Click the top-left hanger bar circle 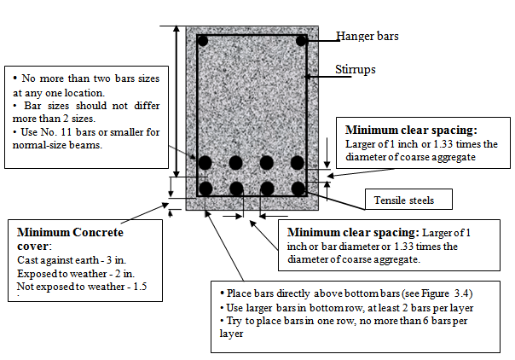[202, 40]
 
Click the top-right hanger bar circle [301, 40]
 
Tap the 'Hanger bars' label [367, 36]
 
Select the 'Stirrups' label [356, 70]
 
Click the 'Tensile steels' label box [404, 200]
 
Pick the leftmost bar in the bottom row [205, 189]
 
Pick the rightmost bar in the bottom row [298, 189]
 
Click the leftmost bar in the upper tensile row [205, 162]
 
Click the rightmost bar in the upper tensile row [298, 162]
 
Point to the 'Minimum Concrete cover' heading [70, 238]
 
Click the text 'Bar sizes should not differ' [74, 106]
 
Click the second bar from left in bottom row [236, 189]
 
